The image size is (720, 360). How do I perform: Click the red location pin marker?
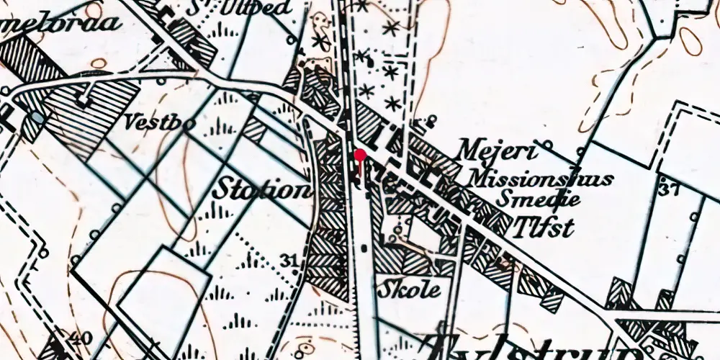pos(360,155)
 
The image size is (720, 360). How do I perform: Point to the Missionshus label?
pos(540,178)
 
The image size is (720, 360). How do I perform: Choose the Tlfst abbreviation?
pos(544,228)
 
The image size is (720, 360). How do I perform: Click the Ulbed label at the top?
pos(248,8)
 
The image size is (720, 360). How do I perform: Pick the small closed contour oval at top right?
pos(690,41)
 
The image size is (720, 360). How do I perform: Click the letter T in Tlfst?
pos(522,227)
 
